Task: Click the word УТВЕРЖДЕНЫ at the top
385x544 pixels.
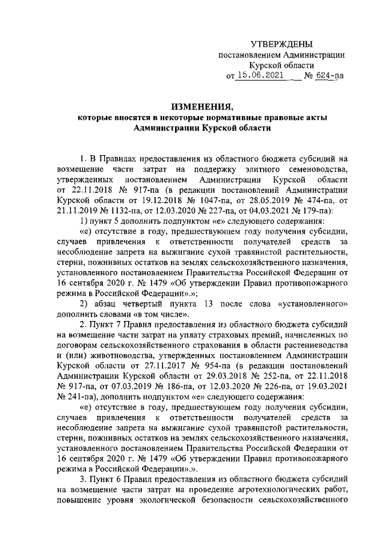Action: [282, 44]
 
